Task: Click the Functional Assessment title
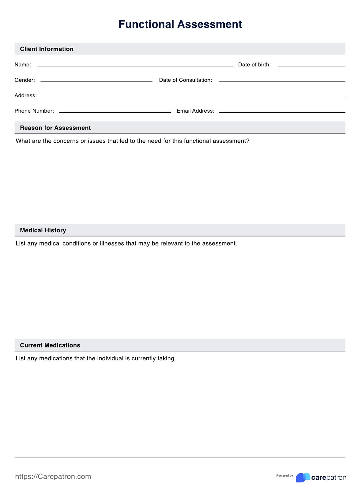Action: pos(180,24)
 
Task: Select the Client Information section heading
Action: pos(47,49)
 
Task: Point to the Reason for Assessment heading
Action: pos(55,128)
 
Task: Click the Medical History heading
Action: pos(43,230)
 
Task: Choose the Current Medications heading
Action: pos(50,345)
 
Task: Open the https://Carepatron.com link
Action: pos(53,476)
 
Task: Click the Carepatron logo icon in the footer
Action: pos(303,477)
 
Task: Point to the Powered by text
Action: pos(284,475)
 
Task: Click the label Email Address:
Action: pos(195,111)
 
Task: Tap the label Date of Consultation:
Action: pos(186,80)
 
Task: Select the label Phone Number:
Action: pos(34,111)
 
